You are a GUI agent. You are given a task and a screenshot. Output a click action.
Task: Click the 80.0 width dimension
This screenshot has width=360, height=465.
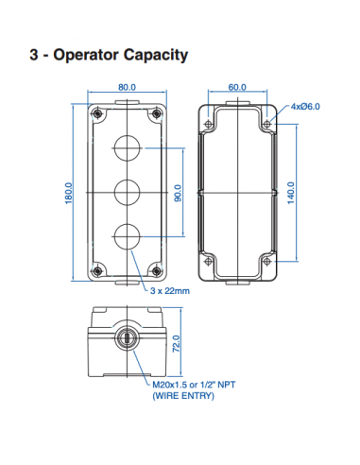[127, 87]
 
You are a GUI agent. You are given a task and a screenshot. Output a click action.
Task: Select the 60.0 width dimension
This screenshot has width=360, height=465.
[236, 87]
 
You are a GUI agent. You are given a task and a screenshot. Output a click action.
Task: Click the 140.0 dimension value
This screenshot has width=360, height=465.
[291, 192]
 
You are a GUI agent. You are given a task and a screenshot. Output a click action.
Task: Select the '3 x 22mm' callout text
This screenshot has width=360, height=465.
[170, 292]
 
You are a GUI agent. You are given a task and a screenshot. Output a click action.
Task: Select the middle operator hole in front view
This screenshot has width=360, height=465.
[127, 192]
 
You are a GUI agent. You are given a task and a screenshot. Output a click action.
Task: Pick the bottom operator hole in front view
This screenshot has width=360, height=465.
[127, 235]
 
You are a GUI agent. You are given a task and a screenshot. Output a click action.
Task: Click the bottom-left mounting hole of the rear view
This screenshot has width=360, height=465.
[209, 261]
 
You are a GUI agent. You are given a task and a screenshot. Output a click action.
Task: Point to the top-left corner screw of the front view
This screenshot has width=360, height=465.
[95, 114]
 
